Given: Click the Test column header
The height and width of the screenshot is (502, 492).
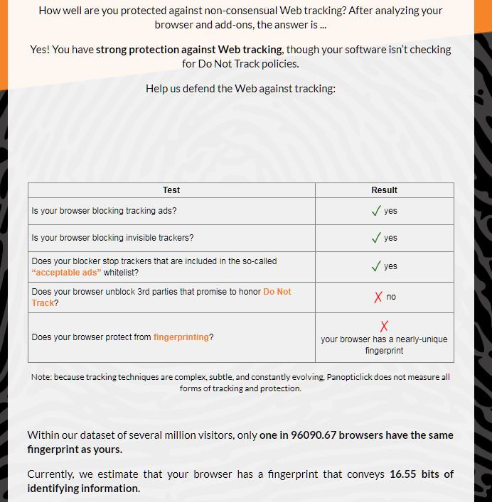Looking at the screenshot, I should point(171,190).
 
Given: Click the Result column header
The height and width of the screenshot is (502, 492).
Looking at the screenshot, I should point(384,190).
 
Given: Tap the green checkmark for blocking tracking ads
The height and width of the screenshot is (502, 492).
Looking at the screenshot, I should point(376,211).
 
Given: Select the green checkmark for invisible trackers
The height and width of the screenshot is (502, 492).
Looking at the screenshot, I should point(376,238).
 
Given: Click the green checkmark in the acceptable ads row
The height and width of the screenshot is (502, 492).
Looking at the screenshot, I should point(376,266).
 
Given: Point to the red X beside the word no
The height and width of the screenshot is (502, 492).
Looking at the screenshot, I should point(379,297).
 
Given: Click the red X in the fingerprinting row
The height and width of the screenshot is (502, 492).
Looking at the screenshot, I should point(384,326).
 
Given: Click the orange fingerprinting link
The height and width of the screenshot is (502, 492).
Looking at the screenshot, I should point(181,337).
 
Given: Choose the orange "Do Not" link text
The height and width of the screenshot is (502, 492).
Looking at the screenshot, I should point(277,292).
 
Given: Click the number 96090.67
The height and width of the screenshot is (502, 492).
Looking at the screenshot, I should point(312,435).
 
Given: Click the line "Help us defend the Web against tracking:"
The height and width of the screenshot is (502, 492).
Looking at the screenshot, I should point(240,89).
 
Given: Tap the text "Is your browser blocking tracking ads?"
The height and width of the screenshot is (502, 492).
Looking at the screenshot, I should point(104,211).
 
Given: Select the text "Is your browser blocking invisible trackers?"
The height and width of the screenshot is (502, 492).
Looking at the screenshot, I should point(112,238).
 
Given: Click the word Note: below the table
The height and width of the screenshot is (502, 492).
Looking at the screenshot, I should point(41,377).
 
